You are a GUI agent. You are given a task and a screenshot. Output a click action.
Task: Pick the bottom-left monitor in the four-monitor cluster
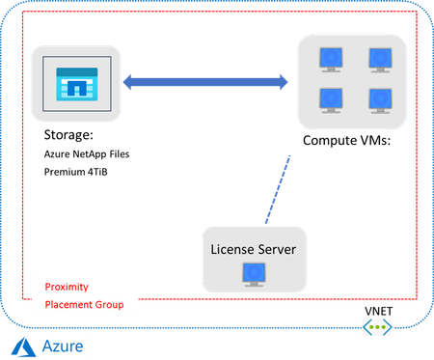point(330,98)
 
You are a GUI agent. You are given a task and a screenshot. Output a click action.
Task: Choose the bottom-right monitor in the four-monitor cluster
point(379,98)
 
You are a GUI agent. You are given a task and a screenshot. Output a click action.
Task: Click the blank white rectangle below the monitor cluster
point(345,165)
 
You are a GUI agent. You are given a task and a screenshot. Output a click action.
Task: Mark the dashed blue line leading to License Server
point(274,190)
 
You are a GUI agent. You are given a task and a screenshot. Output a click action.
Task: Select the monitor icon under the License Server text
point(255,276)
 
